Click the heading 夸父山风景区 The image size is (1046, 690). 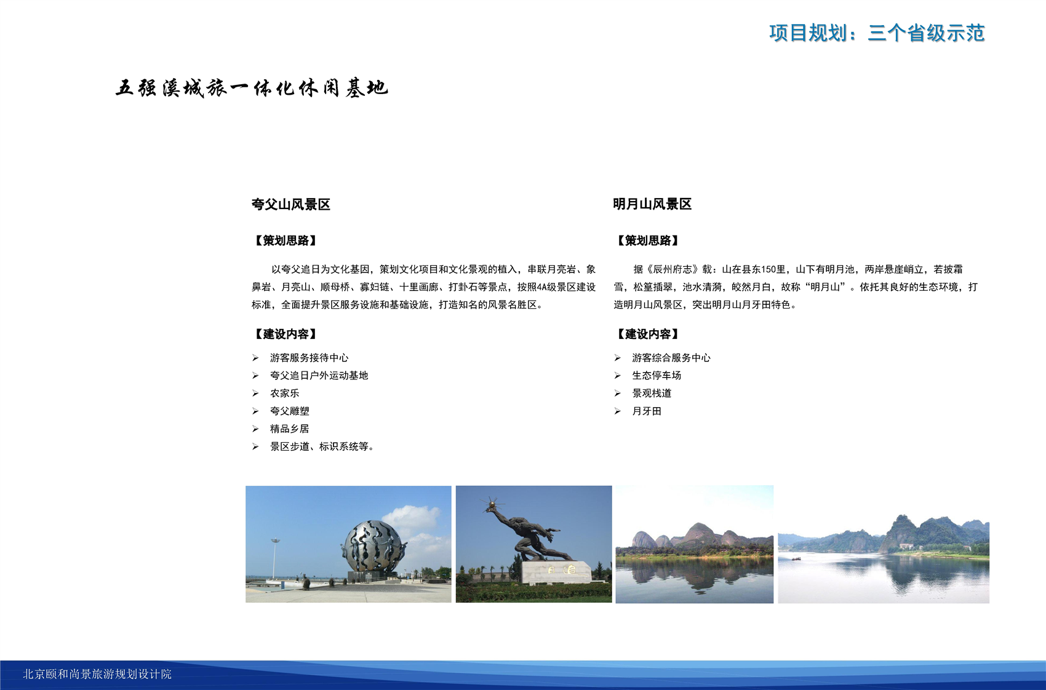click(290, 205)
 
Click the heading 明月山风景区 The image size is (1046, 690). click(652, 204)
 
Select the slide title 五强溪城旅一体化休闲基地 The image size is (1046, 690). click(252, 88)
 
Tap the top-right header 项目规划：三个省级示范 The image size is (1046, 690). click(877, 33)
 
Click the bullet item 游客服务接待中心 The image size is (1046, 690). click(309, 357)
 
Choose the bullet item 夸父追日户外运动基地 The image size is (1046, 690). click(319, 375)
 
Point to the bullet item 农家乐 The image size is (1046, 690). click(284, 393)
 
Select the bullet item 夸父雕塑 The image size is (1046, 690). click(290, 411)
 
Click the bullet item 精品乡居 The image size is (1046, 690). click(290, 429)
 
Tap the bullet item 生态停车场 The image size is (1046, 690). click(657, 375)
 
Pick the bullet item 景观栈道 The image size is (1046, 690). click(652, 393)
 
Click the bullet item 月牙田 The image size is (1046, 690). click(647, 411)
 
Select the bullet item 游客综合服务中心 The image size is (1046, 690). click(671, 357)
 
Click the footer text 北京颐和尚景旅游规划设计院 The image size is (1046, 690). click(97, 674)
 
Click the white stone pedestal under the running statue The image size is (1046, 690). click(556, 573)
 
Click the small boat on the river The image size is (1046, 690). click(796, 558)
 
